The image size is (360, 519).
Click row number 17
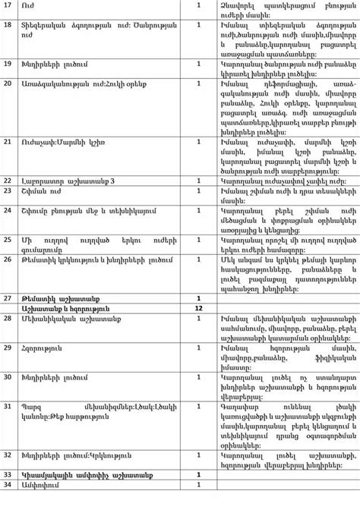pos(7,5)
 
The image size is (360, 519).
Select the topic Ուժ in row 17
pos(29,5)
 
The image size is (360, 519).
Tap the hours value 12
pos(198,309)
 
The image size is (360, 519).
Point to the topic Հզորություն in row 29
pos(43,348)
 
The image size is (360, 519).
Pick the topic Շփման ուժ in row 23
pos(36,191)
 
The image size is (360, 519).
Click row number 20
pos(8,81)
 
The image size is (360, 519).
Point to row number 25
pos(8,239)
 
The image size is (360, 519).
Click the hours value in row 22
pos(198,181)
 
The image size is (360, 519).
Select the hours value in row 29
pos(198,348)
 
